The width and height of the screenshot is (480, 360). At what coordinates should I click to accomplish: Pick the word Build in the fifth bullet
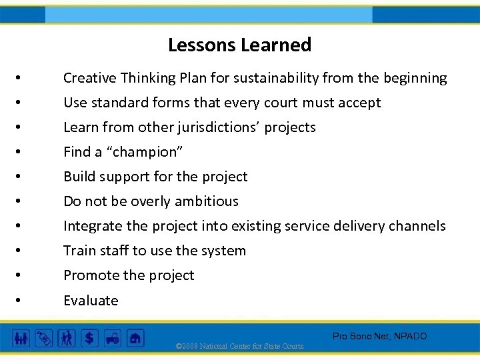pos(79,177)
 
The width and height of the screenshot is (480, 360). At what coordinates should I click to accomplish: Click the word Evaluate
pos(91,301)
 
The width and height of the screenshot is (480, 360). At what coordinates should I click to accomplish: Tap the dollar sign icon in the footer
pos(89,339)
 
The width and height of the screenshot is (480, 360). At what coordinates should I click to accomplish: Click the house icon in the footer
pos(135,339)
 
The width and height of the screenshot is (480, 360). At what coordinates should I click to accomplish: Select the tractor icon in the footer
pos(112,339)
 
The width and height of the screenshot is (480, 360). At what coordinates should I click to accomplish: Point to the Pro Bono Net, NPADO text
pos(379,337)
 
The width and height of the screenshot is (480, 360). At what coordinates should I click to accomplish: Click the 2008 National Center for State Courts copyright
pos(239,346)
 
